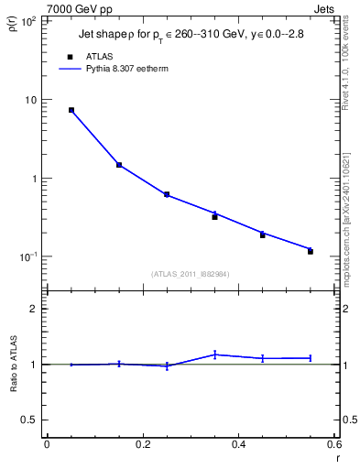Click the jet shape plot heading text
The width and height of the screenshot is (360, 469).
click(x=187, y=36)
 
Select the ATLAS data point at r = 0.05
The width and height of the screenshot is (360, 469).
click(x=71, y=110)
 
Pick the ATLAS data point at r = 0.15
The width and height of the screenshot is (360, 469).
click(x=119, y=165)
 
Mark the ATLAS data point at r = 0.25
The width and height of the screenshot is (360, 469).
click(x=167, y=194)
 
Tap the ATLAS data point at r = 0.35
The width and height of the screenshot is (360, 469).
click(x=214, y=217)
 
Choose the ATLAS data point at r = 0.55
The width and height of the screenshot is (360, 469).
click(x=311, y=251)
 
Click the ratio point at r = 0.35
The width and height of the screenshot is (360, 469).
click(x=214, y=354)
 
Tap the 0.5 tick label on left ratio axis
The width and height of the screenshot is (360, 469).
click(x=28, y=420)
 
